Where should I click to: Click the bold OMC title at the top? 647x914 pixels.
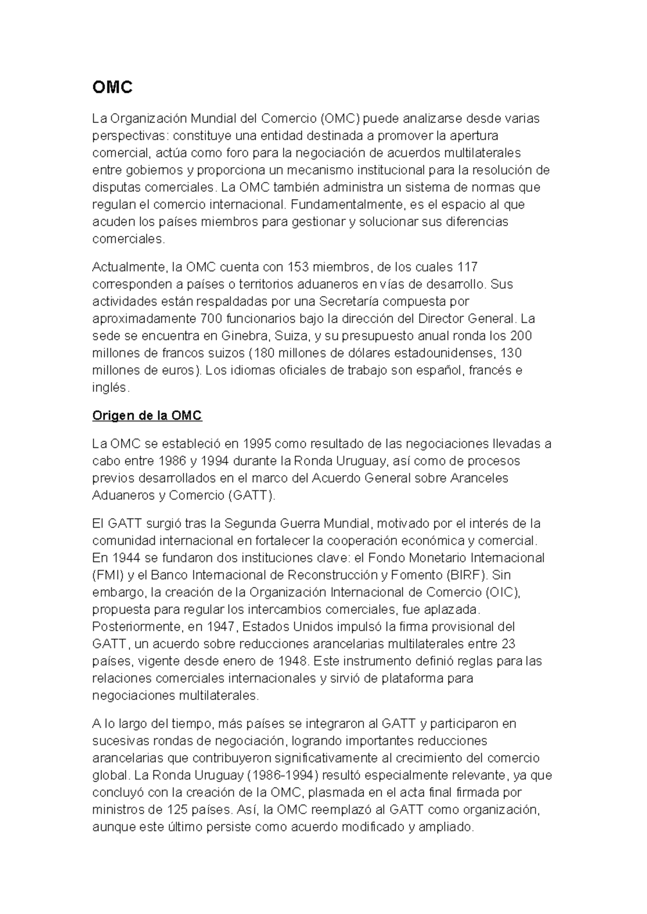pyautogui.click(x=112, y=88)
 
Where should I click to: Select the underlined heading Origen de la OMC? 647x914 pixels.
pyautogui.click(x=147, y=416)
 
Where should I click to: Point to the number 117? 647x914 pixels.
pyautogui.click(x=467, y=267)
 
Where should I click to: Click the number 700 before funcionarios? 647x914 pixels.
pyautogui.click(x=210, y=318)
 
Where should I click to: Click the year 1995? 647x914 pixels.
pyautogui.click(x=258, y=444)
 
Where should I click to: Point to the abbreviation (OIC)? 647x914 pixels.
pyautogui.click(x=502, y=592)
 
